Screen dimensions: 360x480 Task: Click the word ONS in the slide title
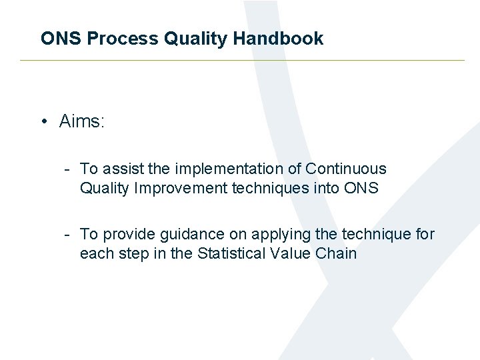(61, 39)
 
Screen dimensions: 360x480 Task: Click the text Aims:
(82, 121)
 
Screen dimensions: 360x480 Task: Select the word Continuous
(346, 169)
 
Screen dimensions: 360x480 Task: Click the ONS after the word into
(361, 189)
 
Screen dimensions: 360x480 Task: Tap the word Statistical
(232, 254)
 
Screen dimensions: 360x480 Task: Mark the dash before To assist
(68, 169)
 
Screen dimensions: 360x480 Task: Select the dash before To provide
(68, 235)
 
